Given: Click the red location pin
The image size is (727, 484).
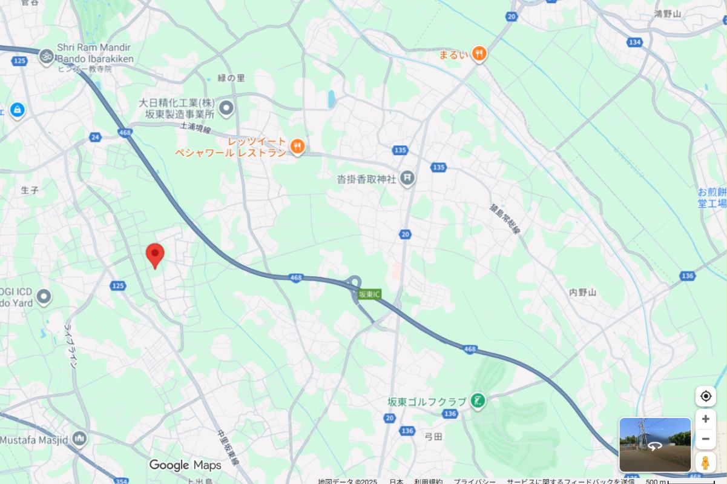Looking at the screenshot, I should (155, 254).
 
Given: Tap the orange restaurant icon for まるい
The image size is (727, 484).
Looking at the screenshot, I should (479, 54).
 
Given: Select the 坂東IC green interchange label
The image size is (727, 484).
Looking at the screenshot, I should (369, 294).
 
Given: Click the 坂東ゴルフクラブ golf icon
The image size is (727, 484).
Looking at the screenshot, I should (478, 400).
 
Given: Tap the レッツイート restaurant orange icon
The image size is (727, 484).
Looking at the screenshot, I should (297, 146).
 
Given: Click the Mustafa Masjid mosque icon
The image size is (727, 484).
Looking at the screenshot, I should (79, 439).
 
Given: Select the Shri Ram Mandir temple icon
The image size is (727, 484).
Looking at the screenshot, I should (45, 57).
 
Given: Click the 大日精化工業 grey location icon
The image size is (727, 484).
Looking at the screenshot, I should (226, 108).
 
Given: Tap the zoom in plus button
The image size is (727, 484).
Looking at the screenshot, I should (705, 419).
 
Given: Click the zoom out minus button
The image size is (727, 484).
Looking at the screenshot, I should (705, 439).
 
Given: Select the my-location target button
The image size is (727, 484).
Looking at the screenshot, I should (705, 396).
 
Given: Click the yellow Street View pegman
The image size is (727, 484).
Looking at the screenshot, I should (705, 462).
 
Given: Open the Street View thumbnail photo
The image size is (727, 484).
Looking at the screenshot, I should (655, 444).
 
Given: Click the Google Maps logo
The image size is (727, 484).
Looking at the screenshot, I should (185, 465).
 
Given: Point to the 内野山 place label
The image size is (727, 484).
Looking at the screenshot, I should (582, 293).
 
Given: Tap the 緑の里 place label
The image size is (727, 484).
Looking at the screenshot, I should (231, 78).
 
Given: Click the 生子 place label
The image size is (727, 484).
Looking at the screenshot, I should (30, 190).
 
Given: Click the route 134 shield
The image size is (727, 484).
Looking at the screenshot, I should (634, 42).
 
